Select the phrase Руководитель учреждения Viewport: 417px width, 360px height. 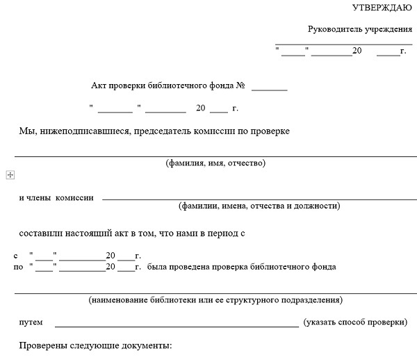[360, 29]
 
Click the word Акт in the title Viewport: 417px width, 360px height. [99, 85]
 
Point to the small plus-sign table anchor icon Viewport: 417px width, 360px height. [10, 175]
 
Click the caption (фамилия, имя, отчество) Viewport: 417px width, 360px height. [215, 163]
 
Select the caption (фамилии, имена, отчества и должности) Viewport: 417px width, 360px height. [259, 206]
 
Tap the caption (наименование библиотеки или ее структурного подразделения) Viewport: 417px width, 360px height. [215, 300]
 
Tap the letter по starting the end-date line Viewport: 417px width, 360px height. [18, 266]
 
